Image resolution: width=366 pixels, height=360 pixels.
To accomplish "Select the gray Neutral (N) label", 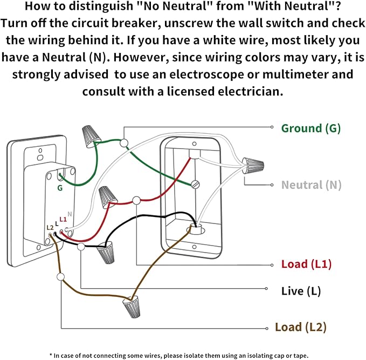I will click(311, 185).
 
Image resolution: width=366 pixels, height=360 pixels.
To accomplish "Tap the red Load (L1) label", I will click(306, 264).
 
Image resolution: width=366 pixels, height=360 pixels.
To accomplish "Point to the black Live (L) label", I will click(301, 291).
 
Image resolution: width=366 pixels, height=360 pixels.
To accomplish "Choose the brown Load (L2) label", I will click(300, 327).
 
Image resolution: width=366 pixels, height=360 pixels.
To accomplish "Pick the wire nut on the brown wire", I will click(130, 308).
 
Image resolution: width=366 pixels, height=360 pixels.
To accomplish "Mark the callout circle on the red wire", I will click(136, 200).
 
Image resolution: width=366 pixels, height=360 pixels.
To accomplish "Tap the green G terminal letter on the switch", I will click(60, 188).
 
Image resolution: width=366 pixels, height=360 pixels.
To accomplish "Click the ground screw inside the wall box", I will click(195, 185).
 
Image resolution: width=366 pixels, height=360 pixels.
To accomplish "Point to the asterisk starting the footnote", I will click(51, 355).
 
